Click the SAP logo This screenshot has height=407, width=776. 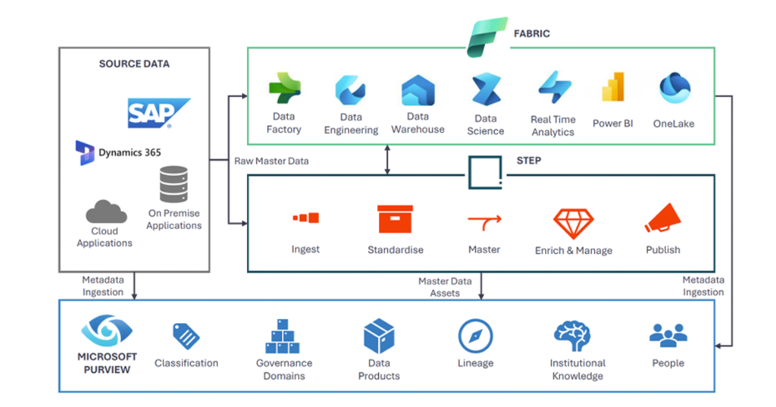[158, 114]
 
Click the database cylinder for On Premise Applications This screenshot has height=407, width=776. [173, 184]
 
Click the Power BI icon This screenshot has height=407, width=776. [612, 87]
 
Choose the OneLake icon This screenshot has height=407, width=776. [674, 89]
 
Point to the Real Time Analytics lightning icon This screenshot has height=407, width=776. [554, 89]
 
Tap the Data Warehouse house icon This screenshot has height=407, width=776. [418, 90]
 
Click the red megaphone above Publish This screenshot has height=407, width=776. [663, 220]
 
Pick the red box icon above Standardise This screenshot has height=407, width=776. [395, 219]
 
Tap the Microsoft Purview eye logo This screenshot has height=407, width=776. [107, 331]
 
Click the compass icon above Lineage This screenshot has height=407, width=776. [475, 337]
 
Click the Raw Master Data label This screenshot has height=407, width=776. [271, 161]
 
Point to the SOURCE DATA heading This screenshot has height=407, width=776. [134, 64]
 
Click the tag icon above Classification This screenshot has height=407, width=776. [186, 337]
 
